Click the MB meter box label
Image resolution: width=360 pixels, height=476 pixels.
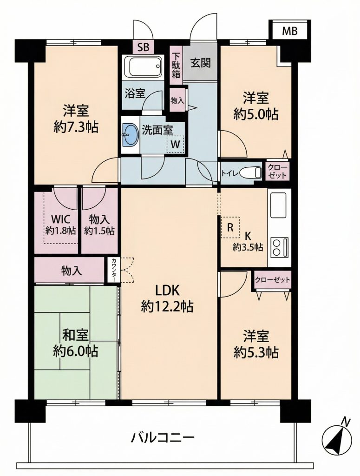(x=290, y=31)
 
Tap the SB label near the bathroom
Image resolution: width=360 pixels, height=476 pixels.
(x=143, y=48)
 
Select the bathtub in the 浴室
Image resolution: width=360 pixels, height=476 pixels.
(x=144, y=67)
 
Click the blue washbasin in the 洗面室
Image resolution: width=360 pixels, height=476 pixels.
(x=131, y=134)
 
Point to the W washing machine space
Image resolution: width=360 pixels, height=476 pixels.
(x=175, y=144)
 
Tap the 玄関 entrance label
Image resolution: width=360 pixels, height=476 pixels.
(x=200, y=63)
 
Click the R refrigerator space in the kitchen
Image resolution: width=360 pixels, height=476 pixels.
(x=230, y=227)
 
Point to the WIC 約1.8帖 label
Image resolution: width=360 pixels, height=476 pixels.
(x=61, y=225)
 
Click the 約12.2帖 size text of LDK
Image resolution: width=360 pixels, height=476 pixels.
(x=167, y=307)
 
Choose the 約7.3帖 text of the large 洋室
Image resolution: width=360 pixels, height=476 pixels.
(x=76, y=127)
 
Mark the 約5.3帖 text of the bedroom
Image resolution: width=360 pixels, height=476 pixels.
(x=256, y=352)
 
